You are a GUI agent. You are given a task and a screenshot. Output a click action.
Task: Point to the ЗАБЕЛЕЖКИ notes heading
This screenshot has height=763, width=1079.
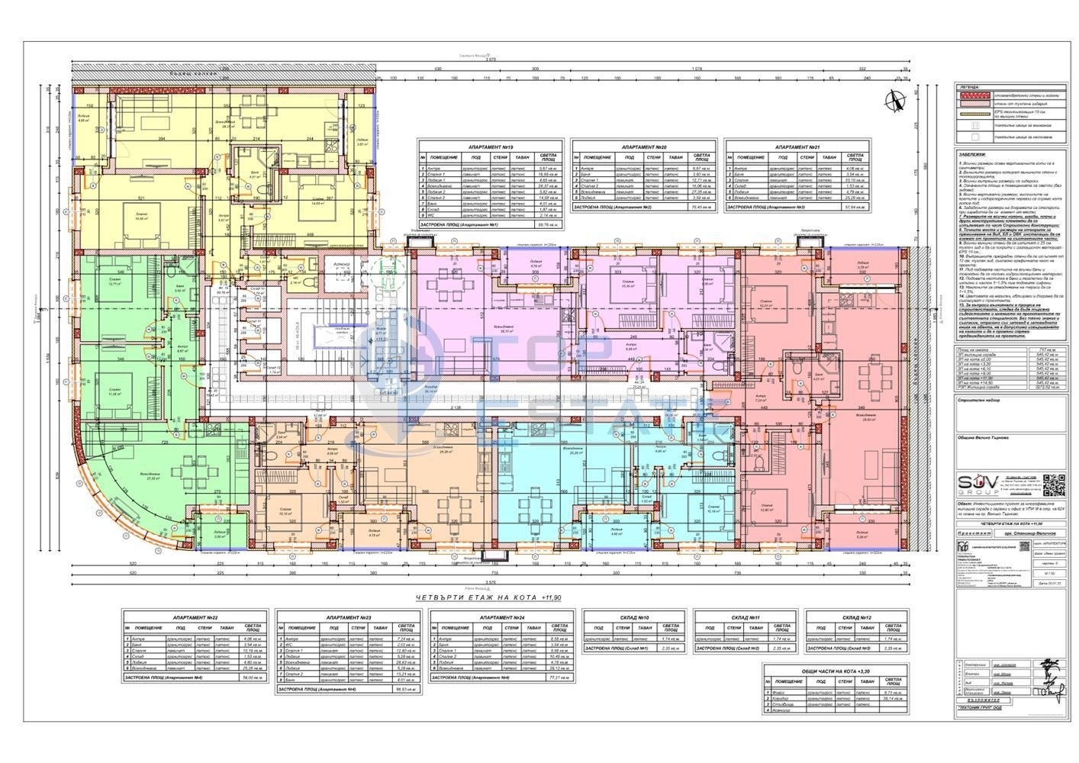(x=974, y=153)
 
